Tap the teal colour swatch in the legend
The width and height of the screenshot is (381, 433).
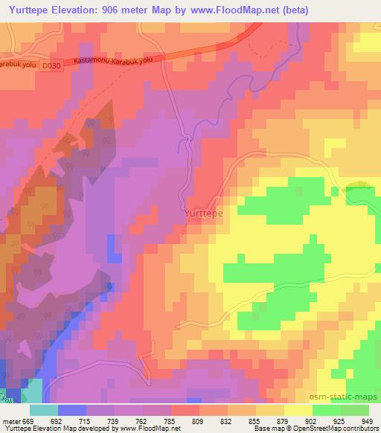(x=44, y=410)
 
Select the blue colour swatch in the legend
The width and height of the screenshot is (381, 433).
(x=72, y=410)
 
